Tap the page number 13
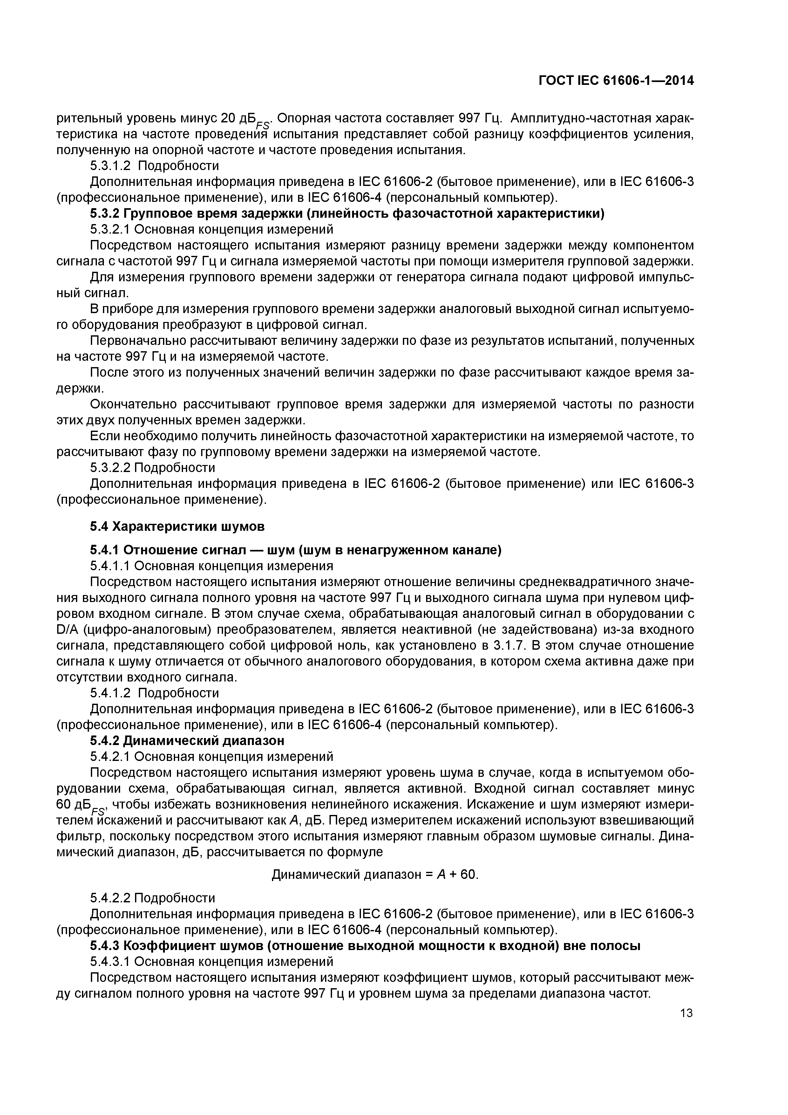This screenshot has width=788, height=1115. coord(686,1013)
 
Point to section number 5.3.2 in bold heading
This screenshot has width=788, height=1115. coord(105,214)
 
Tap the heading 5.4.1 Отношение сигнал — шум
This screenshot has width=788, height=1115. coord(295,550)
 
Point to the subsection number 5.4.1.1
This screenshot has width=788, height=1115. coord(110,566)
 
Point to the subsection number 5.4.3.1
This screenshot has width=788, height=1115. coord(110,961)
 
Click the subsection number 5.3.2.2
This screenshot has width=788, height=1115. coord(110,468)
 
